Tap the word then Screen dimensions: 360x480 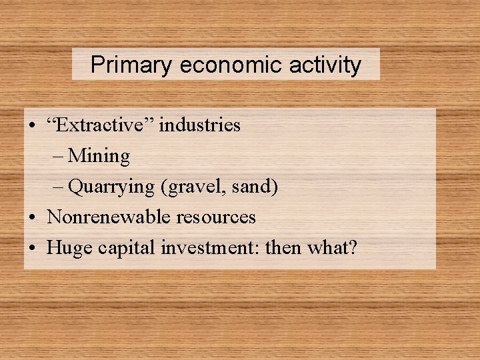pyautogui.click(x=284, y=248)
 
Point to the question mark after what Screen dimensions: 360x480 pyautogui.click(x=353, y=248)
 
